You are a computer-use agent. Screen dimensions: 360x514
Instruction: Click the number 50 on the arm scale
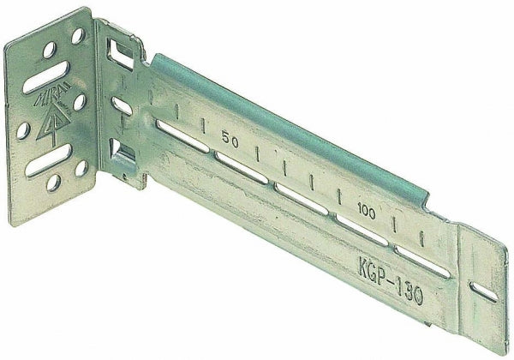click(x=228, y=136)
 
